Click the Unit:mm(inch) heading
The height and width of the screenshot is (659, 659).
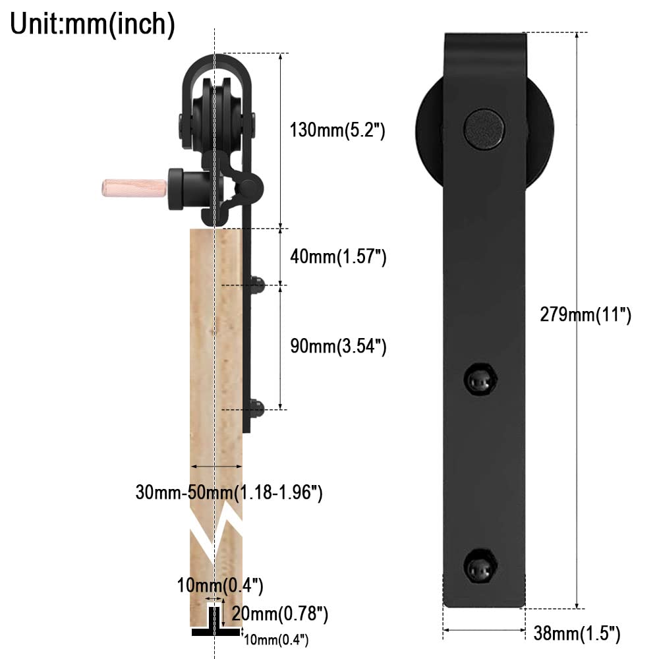tap(92, 24)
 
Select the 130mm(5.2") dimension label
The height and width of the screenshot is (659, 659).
tap(337, 130)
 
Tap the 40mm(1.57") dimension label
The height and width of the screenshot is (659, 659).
tap(337, 257)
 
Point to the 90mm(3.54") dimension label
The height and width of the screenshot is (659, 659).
tap(337, 346)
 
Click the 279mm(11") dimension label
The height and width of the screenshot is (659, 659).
tap(585, 315)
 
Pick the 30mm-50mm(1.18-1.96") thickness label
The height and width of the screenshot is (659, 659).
tap(229, 492)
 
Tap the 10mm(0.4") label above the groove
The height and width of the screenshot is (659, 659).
tap(220, 585)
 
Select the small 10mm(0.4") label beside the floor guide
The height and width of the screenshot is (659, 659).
tap(275, 639)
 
